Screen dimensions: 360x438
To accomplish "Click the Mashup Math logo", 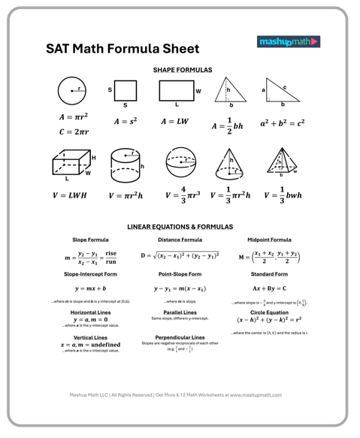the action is point(289,42).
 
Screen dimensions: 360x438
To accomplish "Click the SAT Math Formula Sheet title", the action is point(123,49).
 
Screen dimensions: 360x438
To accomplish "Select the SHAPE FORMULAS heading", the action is point(183,69).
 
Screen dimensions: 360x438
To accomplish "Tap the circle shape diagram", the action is point(72,92).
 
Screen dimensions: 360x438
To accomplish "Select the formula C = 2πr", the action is point(74,132).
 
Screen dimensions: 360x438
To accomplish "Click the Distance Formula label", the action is point(180,240).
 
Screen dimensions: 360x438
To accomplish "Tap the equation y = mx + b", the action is point(90,288).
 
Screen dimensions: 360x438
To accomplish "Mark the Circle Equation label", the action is point(270,312).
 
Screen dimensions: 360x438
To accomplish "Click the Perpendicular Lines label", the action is point(180,337).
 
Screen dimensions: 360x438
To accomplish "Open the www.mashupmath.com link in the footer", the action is point(256,394).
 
